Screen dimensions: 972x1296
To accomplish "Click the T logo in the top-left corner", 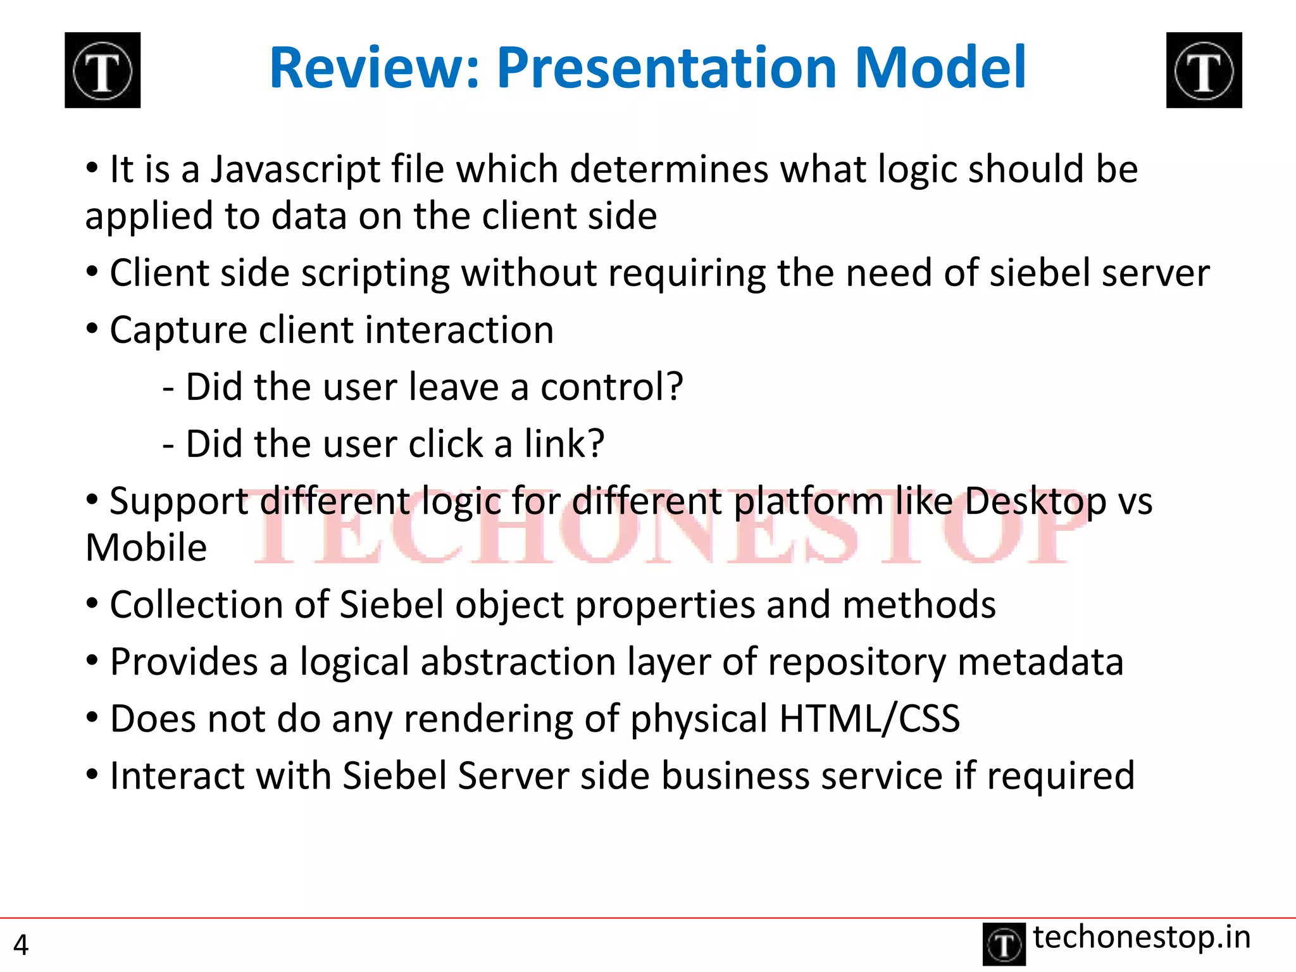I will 103,70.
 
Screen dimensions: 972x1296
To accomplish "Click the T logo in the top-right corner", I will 1204,70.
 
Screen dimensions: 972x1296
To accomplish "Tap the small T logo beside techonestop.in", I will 1004,944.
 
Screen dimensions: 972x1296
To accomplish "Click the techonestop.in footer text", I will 1142,937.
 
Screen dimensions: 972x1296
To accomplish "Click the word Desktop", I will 1035,502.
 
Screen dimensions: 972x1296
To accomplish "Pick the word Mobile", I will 146,548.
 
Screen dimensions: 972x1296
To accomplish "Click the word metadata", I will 1040,663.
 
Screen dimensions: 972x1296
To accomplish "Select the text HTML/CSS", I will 869,720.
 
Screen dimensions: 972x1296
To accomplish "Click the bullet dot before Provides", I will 92,661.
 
